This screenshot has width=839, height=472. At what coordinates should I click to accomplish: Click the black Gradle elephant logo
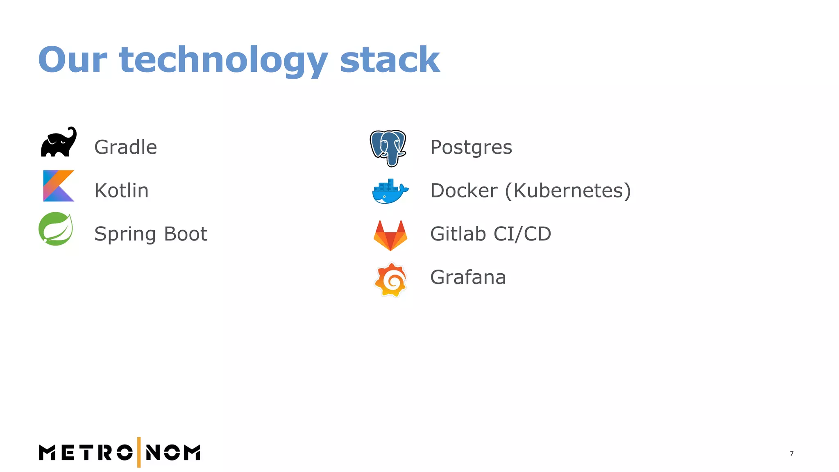[x=59, y=142]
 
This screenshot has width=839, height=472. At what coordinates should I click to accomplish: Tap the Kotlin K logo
[x=58, y=186]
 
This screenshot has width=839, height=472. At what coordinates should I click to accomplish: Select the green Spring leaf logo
[x=56, y=229]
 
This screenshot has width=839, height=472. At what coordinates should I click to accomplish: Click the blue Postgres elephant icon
[x=388, y=147]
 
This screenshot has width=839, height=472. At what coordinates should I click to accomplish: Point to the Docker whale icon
[x=390, y=191]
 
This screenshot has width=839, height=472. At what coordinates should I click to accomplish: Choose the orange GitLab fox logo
[x=390, y=235]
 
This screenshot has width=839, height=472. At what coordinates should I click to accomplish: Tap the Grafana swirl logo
[x=391, y=279]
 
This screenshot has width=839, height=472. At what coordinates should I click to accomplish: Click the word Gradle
[x=125, y=147]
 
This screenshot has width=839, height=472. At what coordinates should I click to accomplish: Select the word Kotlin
[x=121, y=191]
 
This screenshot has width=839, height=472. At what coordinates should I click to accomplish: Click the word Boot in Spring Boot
[x=186, y=234]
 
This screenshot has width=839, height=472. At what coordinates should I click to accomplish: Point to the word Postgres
[x=471, y=147]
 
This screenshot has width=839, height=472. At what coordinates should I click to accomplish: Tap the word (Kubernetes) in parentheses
[x=568, y=191]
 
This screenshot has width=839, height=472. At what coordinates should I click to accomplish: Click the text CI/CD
[x=522, y=234]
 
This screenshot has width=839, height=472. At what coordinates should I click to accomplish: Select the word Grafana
[x=468, y=277]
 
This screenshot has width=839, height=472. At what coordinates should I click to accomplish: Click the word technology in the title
[x=224, y=60]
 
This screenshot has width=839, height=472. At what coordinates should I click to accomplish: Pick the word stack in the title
[x=390, y=60]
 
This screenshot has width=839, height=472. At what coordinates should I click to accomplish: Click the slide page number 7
[x=791, y=454]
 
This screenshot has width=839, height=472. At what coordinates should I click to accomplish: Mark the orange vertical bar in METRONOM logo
[x=139, y=452]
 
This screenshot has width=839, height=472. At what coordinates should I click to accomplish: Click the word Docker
[x=464, y=191]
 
